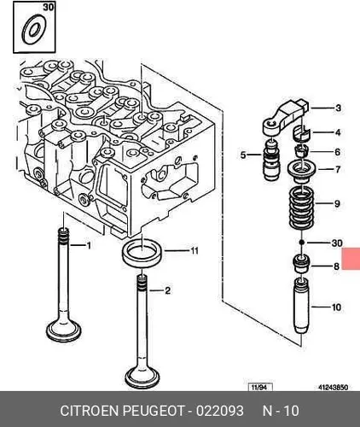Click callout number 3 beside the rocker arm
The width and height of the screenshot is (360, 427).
tap(338, 108)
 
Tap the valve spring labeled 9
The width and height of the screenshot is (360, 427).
tap(302, 208)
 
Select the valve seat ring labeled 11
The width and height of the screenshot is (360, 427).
tap(142, 252)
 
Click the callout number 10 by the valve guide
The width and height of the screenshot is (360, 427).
tap(336, 307)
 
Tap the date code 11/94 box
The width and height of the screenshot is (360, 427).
tap(260, 387)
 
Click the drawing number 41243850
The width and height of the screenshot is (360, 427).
tap(333, 388)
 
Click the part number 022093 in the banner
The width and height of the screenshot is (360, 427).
tap(220, 411)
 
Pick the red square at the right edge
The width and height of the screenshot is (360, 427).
tap(351, 259)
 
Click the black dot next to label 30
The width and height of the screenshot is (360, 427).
tap(302, 243)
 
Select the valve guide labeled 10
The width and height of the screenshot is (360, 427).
tap(301, 307)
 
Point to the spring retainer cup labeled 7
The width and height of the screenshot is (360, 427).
tap(302, 173)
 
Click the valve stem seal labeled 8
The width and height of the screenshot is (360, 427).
tap(301, 263)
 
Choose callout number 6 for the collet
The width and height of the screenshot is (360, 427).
tap(338, 152)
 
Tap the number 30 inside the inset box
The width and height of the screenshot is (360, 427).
tap(49, 7)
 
